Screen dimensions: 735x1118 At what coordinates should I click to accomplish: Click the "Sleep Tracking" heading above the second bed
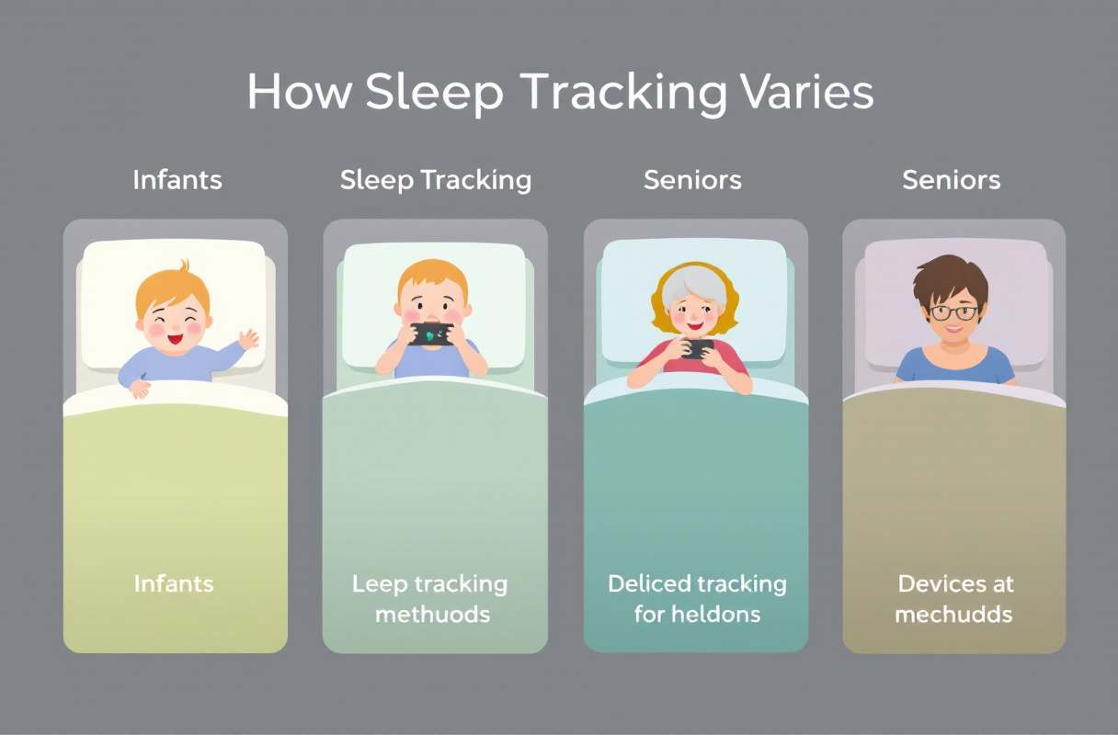click(x=436, y=180)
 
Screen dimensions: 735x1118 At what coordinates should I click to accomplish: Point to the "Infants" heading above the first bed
click(x=177, y=179)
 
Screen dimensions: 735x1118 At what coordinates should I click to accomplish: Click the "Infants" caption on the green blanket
click(x=174, y=583)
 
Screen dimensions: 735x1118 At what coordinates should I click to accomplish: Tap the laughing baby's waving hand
click(x=248, y=339)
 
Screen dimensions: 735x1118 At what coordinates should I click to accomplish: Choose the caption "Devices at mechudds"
click(x=953, y=598)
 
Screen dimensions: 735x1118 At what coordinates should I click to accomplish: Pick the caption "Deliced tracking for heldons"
click(x=697, y=598)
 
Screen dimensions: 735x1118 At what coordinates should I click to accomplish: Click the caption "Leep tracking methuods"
click(x=430, y=598)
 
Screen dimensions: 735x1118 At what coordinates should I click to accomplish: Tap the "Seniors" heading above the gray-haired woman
click(x=693, y=180)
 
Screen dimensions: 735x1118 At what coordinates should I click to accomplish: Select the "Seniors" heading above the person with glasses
click(x=952, y=180)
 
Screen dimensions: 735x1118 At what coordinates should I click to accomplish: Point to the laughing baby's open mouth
click(x=176, y=337)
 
